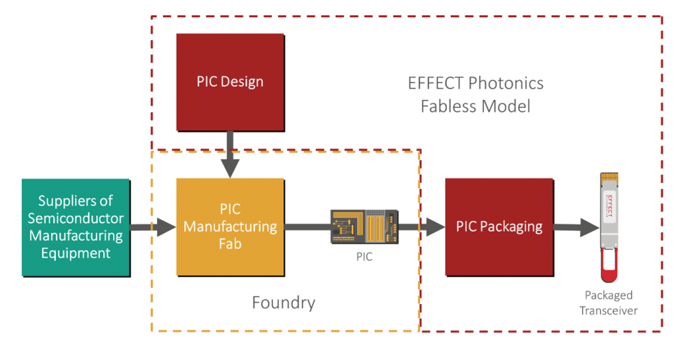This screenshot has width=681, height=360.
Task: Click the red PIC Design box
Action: click(230, 82)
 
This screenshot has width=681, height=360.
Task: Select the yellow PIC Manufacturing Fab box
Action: click(230, 227)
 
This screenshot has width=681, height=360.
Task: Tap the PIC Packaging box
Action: click(499, 227)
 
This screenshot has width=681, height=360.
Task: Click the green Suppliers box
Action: click(76, 228)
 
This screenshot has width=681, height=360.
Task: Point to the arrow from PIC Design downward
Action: click(230, 154)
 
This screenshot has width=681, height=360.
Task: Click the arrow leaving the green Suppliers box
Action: click(153, 227)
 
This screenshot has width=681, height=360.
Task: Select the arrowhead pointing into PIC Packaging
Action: click(435, 227)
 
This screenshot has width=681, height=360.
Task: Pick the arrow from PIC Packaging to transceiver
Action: click(577, 227)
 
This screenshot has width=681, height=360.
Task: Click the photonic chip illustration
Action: click(364, 226)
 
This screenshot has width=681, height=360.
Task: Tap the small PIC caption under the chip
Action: click(364, 256)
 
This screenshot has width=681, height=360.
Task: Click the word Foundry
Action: click(283, 303)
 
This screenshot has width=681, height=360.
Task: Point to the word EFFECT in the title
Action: click(436, 83)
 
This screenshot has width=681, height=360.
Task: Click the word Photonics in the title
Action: click(506, 83)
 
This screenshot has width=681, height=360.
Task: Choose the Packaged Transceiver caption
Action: click(609, 303)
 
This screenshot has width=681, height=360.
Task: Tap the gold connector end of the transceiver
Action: click(609, 178)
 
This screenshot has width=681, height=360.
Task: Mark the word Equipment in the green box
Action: click(76, 254)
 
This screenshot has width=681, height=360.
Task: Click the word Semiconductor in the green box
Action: click(76, 218)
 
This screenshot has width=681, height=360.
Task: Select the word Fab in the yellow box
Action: click(230, 244)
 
